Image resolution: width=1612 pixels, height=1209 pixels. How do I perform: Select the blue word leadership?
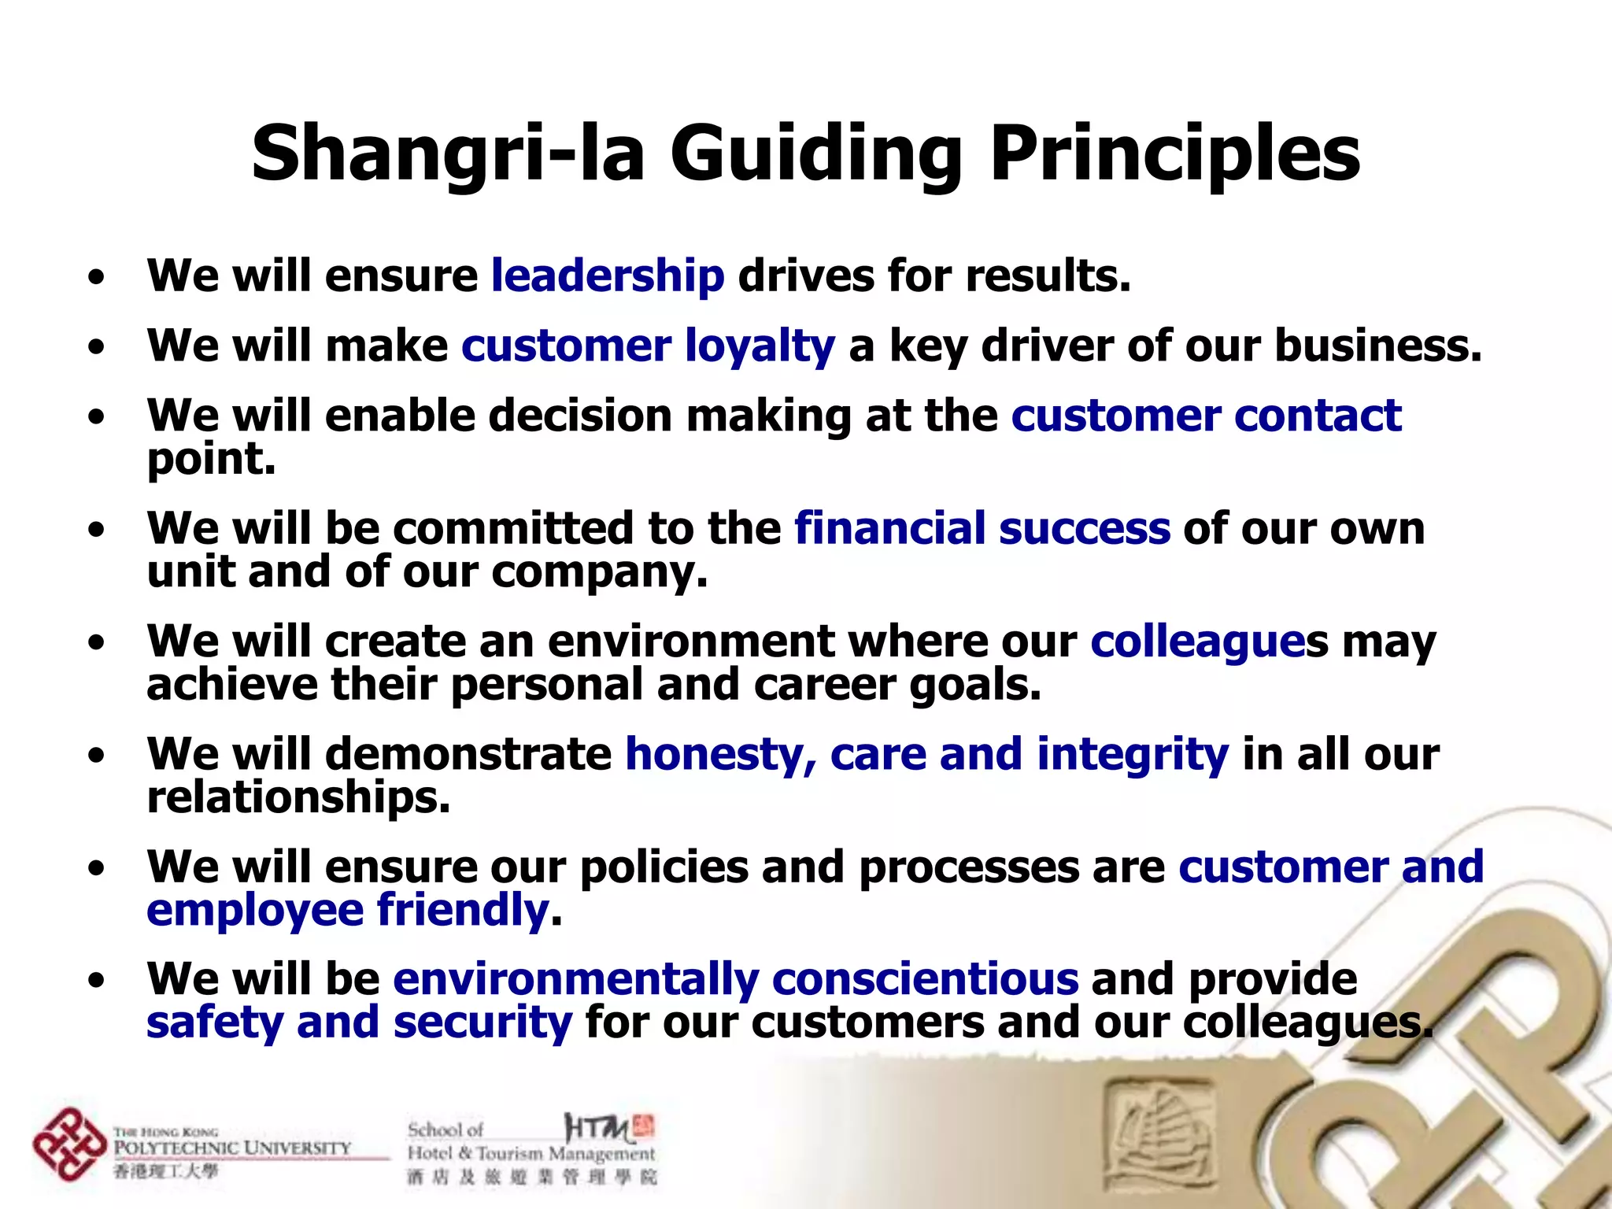(x=607, y=277)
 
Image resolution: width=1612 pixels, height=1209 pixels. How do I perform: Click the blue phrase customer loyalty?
(x=648, y=346)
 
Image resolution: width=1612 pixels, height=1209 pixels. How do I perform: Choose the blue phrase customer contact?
(x=1206, y=416)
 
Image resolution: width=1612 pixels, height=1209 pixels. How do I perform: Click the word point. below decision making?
(x=211, y=460)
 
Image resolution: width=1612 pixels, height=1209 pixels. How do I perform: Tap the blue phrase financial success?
(x=982, y=528)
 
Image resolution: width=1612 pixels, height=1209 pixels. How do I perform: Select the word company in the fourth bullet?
(x=598, y=573)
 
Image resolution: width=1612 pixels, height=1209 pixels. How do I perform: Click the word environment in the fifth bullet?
(x=690, y=641)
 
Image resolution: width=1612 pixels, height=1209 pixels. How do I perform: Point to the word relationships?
(x=298, y=797)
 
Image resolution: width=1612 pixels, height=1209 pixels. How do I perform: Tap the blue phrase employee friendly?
(x=347, y=911)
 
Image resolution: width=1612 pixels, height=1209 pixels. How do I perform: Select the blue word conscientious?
(x=925, y=979)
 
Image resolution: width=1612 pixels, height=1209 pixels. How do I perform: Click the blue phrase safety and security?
(x=359, y=1023)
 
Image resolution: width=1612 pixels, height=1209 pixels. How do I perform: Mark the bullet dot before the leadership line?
(x=96, y=278)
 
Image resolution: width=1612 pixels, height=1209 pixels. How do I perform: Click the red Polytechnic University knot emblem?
(x=68, y=1144)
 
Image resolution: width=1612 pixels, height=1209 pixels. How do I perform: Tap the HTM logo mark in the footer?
(x=608, y=1129)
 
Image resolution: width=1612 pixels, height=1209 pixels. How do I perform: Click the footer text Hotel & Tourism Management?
(x=531, y=1154)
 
